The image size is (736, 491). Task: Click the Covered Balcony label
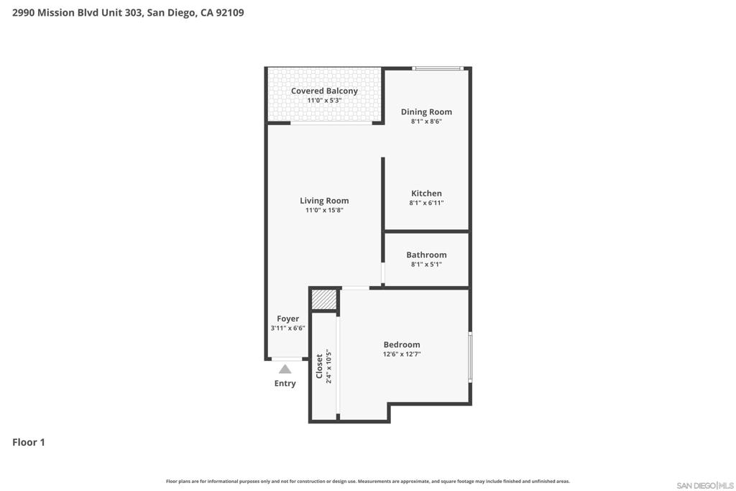tap(324, 91)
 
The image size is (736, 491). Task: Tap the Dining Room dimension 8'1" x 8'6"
tap(426, 121)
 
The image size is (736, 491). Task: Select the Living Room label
tap(324, 201)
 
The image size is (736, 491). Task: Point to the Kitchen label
tap(426, 193)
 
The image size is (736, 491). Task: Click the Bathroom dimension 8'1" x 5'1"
tap(426, 265)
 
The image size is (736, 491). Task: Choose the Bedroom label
tap(402, 344)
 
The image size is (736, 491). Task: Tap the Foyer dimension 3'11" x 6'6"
tap(287, 328)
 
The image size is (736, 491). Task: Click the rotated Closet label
tap(320, 366)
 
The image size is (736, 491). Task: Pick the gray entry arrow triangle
tap(285, 369)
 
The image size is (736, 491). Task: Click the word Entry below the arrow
tap(285, 383)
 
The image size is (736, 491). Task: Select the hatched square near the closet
tap(324, 300)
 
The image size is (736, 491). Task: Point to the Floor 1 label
tap(29, 442)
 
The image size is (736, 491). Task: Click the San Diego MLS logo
tap(705, 485)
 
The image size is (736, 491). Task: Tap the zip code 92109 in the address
tap(229, 13)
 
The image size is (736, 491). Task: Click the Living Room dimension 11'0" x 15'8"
tap(324, 211)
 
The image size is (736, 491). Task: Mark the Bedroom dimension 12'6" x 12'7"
tap(402, 354)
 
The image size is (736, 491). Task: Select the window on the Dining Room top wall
tap(438, 68)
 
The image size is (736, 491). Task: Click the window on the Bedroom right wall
tap(470, 357)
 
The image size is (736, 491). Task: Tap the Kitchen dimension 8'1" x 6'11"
tap(426, 203)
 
